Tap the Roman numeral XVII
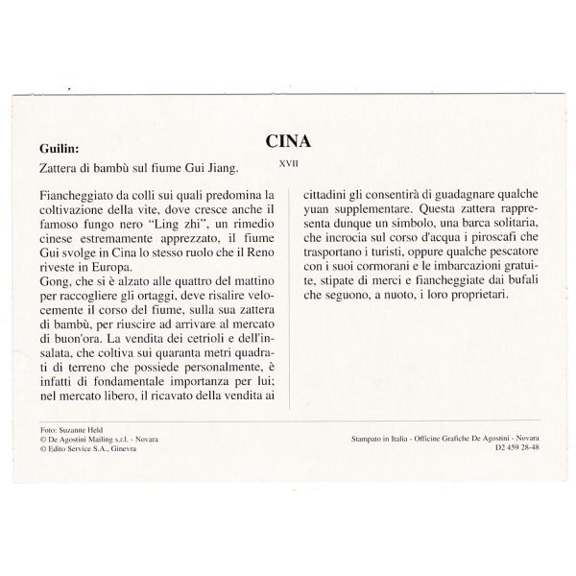point(287,164)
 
